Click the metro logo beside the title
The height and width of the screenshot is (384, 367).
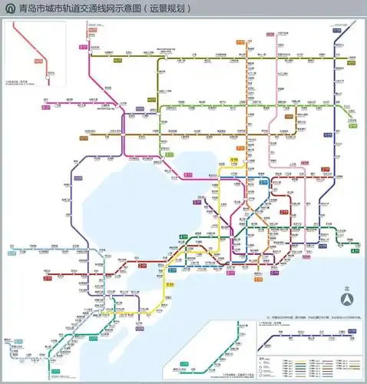[8, 8]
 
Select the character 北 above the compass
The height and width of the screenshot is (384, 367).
[347, 289]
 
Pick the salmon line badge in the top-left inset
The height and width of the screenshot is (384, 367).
[36, 58]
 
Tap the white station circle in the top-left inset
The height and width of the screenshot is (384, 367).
[48, 74]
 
